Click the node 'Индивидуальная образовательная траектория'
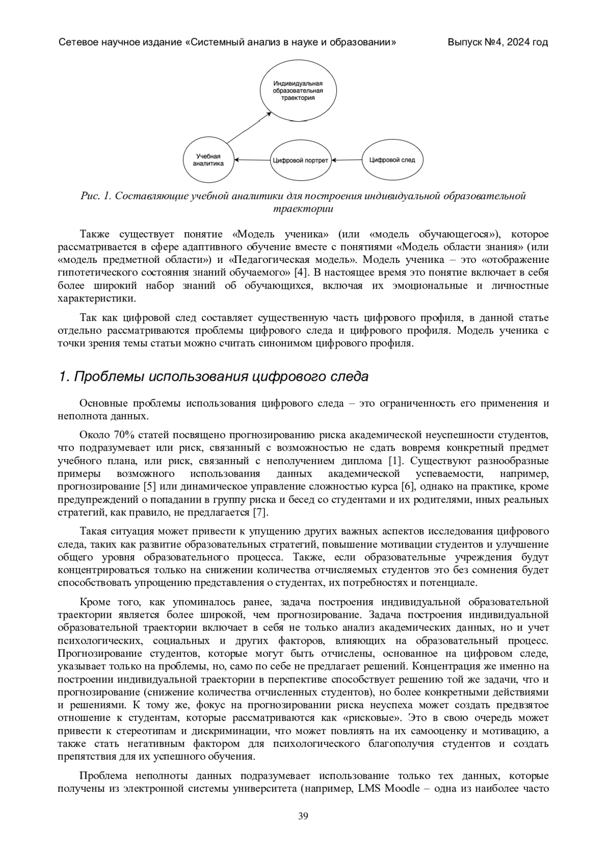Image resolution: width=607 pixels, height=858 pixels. (298, 91)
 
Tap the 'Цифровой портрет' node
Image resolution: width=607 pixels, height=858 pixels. (300, 160)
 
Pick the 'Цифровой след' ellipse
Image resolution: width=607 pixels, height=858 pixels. (392, 160)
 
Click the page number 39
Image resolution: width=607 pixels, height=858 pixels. (303, 816)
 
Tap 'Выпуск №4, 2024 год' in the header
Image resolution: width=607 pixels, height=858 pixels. (497, 42)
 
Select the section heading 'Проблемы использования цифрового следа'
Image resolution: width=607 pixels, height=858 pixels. (213, 377)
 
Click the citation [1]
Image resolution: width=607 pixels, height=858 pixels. (395, 461)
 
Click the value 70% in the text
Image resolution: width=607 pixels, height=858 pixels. (123, 435)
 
